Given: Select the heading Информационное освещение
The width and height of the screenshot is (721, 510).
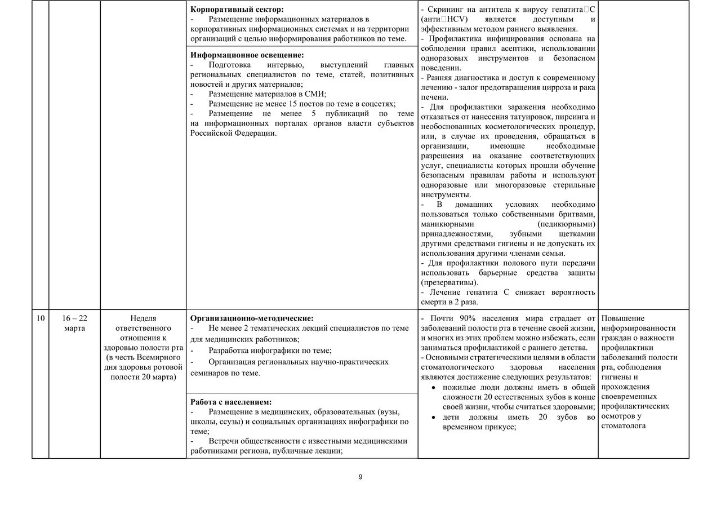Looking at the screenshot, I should pos(247,55).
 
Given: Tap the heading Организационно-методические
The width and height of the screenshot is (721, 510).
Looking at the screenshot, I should pos(252,318).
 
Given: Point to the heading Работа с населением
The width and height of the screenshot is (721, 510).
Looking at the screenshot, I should pos(231,402).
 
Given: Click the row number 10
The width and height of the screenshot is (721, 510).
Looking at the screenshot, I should pos(40,318).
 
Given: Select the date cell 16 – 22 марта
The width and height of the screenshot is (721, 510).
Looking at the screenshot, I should pos(74,323).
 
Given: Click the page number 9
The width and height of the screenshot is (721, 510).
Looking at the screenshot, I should pos(360,477).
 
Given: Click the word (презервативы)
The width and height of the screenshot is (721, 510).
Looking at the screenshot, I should pos(449,282).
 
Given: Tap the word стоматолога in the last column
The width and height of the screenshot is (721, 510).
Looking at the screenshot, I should pos(624,425).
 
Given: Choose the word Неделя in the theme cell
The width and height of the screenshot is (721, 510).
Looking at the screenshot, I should pos(143,318).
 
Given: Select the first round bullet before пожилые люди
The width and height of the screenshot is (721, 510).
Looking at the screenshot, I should pos(432,388).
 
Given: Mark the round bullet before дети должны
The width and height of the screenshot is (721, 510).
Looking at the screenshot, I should pos(432,418).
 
